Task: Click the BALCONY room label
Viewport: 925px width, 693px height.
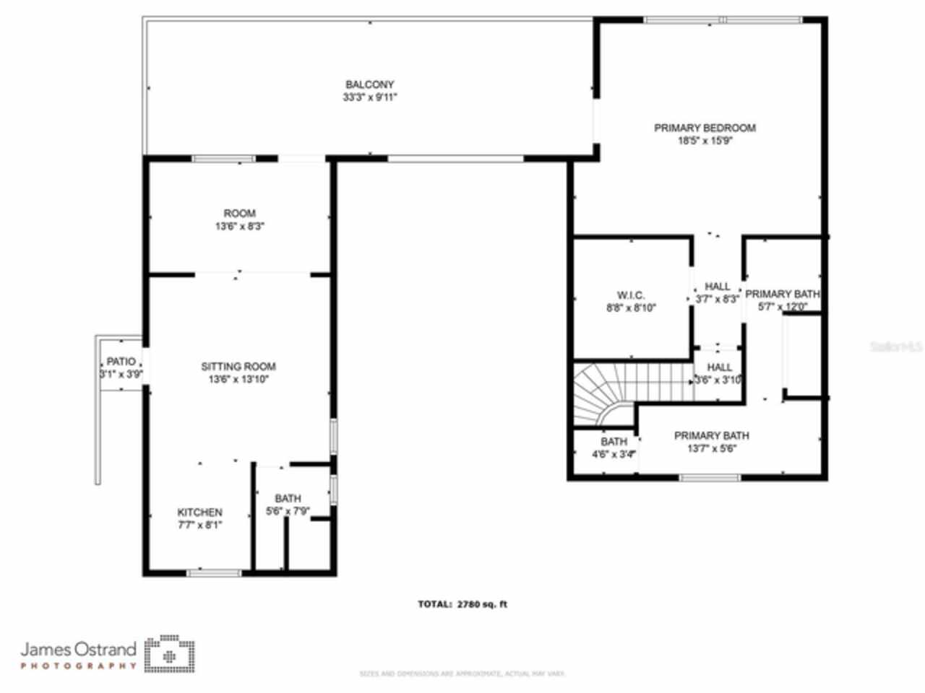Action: click(x=369, y=84)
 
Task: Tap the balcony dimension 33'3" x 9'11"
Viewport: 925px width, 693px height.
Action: click(x=369, y=97)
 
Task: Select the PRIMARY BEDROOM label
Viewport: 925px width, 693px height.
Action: click(x=705, y=128)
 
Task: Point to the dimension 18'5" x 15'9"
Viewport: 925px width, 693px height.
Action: click(x=705, y=141)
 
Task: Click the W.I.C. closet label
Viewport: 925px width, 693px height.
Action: click(x=631, y=295)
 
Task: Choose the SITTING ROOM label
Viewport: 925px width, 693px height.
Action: click(x=238, y=366)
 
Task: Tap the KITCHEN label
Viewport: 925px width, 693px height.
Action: click(x=200, y=512)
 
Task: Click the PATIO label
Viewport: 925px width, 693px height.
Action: click(x=121, y=361)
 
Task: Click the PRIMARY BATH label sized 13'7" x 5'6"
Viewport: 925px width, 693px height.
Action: click(x=711, y=435)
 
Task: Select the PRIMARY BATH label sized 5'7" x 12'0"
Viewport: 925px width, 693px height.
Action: click(x=783, y=294)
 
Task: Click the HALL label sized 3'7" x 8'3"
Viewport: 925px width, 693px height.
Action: click(x=717, y=287)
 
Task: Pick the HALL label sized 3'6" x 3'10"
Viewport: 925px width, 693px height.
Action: click(x=719, y=367)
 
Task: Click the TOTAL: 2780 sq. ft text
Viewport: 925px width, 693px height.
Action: click(x=462, y=604)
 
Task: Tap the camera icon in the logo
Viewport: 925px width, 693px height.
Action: click(x=169, y=654)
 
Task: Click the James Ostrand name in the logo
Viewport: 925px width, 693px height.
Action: click(x=78, y=648)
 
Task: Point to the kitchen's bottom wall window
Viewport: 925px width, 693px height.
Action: click(x=214, y=573)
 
